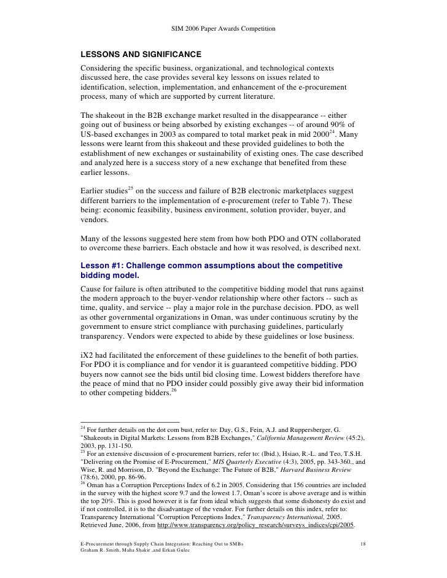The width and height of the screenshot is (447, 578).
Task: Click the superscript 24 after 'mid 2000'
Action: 335,131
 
